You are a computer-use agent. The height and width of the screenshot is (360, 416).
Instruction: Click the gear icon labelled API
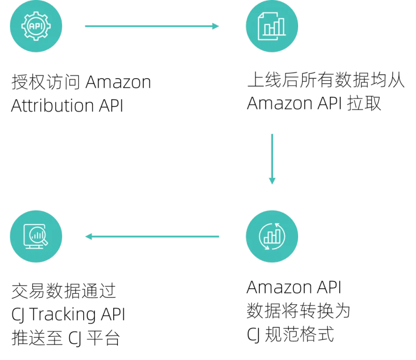[x=36, y=26]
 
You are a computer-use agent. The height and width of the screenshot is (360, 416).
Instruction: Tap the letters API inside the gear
[x=36, y=26]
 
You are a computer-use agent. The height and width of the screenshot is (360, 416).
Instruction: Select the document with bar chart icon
[x=272, y=26]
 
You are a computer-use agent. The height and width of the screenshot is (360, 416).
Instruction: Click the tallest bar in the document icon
[x=279, y=27]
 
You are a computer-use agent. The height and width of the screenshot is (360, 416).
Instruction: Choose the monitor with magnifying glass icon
[x=36, y=236]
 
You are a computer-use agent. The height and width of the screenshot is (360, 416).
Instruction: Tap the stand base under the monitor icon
[x=34, y=248]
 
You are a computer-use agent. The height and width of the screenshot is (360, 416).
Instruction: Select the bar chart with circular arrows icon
[x=272, y=236]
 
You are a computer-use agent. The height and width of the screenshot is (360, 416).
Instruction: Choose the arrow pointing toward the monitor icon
[x=153, y=236]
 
